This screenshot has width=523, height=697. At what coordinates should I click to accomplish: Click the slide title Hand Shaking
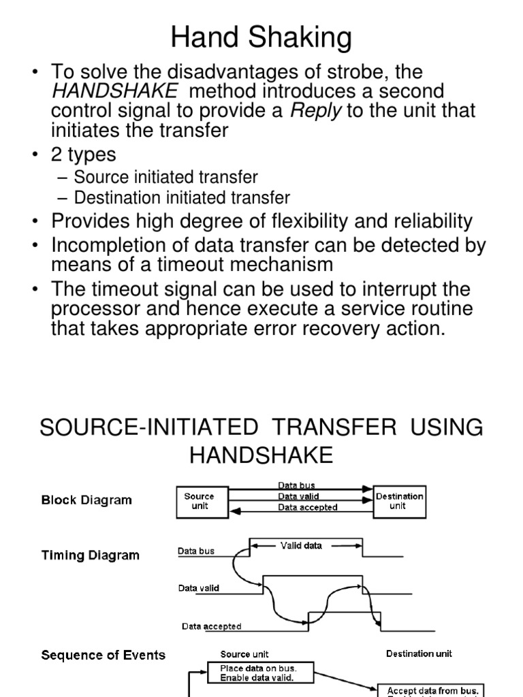[261, 37]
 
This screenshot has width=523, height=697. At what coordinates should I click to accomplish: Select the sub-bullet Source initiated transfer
[165, 178]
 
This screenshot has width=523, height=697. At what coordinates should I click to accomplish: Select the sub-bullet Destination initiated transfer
[181, 198]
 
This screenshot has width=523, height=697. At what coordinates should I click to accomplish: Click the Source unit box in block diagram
[199, 501]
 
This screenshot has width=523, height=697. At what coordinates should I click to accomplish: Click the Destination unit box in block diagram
[400, 501]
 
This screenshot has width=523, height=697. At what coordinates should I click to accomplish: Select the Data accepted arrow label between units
[307, 507]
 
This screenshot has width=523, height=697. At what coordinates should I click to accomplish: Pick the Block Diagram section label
[86, 500]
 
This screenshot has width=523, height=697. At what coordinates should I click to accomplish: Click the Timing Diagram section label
[90, 555]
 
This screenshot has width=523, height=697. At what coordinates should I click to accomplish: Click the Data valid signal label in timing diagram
[199, 588]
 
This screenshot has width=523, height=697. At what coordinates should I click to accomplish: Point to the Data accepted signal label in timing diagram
[211, 626]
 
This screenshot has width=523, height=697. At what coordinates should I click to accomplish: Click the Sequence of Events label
[103, 655]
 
